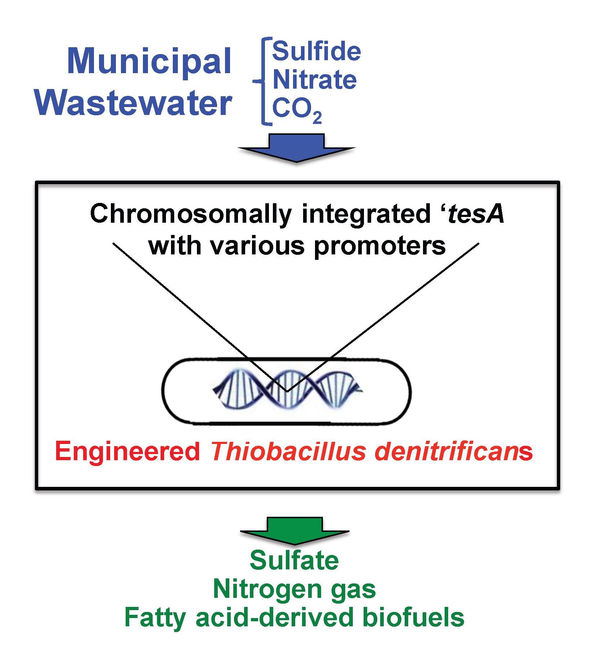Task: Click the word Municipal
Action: (149, 61)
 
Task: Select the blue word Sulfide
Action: (316, 52)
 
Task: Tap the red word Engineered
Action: (128, 452)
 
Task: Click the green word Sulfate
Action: (294, 560)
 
